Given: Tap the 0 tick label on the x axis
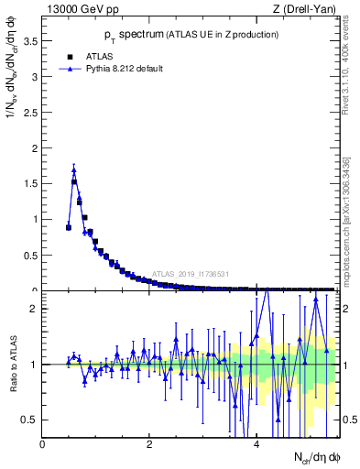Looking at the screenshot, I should click(x=42, y=443).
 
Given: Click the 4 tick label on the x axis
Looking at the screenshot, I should click(x=256, y=443).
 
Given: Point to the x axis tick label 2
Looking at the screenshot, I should click(x=149, y=443).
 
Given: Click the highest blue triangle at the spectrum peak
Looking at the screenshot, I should click(x=74, y=169).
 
